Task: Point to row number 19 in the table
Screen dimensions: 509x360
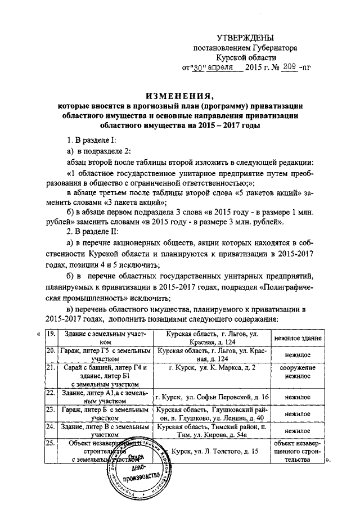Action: (50, 335)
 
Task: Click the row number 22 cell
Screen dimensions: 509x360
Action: (50, 393)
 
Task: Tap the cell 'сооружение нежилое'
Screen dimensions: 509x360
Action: (298, 371)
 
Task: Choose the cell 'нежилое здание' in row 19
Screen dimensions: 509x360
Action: (298, 339)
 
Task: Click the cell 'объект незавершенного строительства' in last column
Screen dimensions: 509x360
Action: (298, 452)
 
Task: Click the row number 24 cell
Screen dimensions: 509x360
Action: (50, 427)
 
